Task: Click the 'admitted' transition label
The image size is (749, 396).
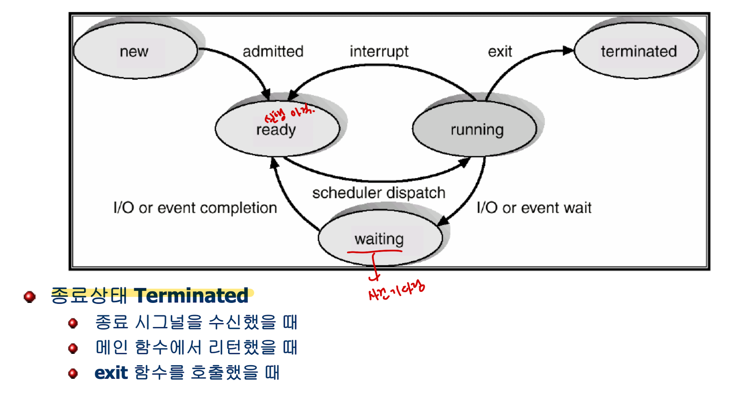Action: coord(273,51)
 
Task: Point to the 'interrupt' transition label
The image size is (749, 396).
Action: coord(379,51)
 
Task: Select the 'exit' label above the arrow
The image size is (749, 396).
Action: coord(500,51)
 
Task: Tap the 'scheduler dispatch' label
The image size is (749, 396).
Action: coord(379,193)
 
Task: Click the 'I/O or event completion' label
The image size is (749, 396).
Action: coord(195,208)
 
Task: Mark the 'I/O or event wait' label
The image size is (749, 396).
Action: coord(534,208)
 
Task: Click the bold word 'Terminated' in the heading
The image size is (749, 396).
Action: coord(191,296)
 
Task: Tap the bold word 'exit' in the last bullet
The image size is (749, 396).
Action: coord(111,373)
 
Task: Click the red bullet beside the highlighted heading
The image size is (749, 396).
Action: coord(29,297)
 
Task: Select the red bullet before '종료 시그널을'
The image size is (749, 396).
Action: coord(73,323)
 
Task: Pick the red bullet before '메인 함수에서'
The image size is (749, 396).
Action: coord(73,348)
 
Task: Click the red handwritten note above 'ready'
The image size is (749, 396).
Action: coord(289,113)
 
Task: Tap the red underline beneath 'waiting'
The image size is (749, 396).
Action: coord(374,252)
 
